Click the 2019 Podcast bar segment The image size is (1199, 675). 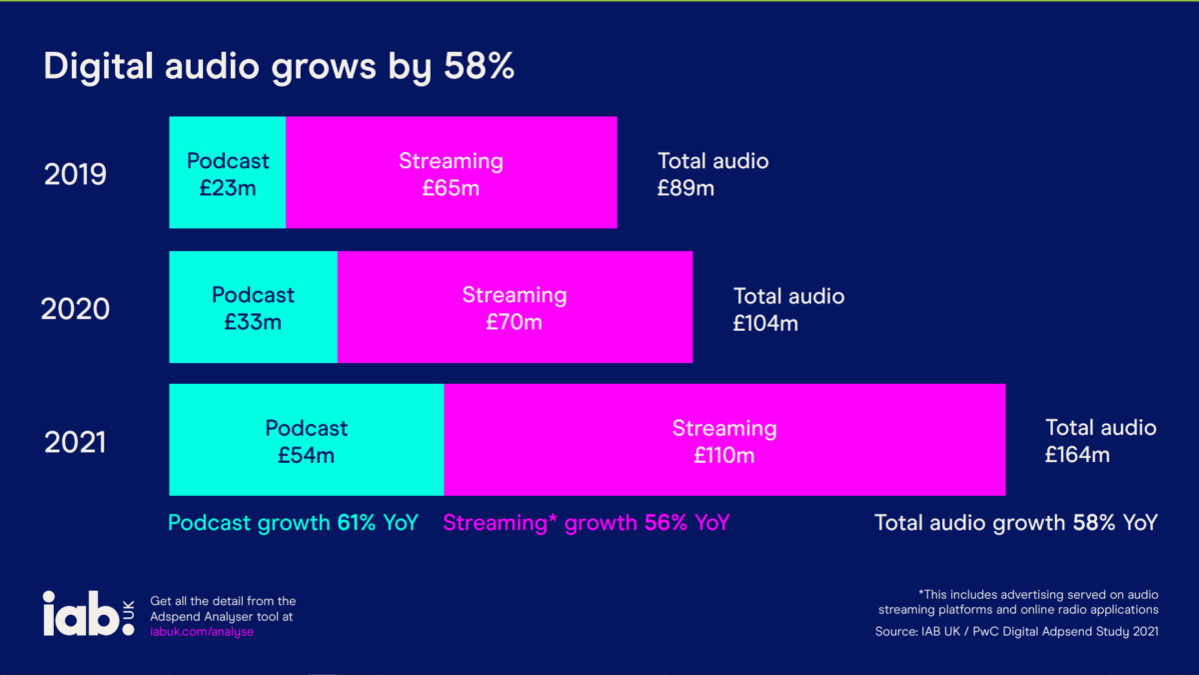pyautogui.click(x=228, y=173)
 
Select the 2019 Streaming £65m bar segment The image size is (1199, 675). pyautogui.click(x=451, y=173)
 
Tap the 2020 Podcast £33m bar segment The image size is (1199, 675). pyautogui.click(x=253, y=307)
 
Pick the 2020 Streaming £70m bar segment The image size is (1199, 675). pyautogui.click(x=515, y=307)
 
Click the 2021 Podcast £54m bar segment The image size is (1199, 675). pyautogui.click(x=306, y=440)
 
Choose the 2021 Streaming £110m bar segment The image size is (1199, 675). pyautogui.click(x=724, y=440)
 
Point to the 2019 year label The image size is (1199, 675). pyautogui.click(x=75, y=175)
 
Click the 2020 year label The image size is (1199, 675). pyautogui.click(x=75, y=309)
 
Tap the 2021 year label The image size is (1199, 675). pyautogui.click(x=75, y=442)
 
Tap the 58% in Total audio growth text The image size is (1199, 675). pyautogui.click(x=1094, y=522)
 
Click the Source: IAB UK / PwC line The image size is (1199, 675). pyautogui.click(x=1016, y=631)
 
